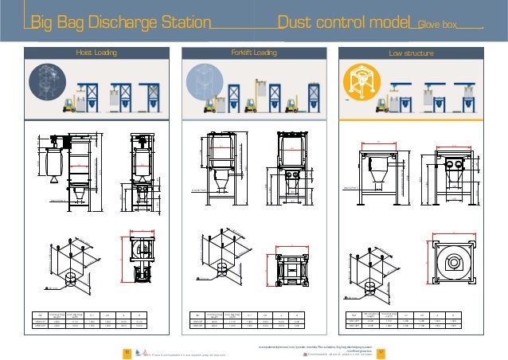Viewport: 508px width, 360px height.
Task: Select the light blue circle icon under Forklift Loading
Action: (x=201, y=83)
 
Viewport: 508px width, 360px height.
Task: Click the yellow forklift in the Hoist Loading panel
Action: (x=71, y=101)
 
